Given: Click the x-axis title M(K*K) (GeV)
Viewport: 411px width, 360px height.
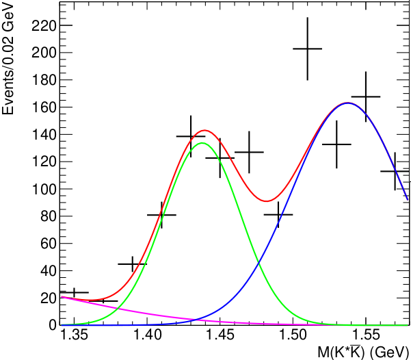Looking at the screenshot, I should click(362, 351).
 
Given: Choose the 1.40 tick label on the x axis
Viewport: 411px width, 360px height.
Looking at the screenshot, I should click(147, 335).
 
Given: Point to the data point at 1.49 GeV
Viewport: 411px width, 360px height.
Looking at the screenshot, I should click(278, 214).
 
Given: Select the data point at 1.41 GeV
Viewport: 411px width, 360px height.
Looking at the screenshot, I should click(161, 215).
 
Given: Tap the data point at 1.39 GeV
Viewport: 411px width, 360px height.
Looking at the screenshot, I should click(133, 263).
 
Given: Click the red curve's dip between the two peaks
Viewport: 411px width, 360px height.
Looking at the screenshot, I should click(267, 201).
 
